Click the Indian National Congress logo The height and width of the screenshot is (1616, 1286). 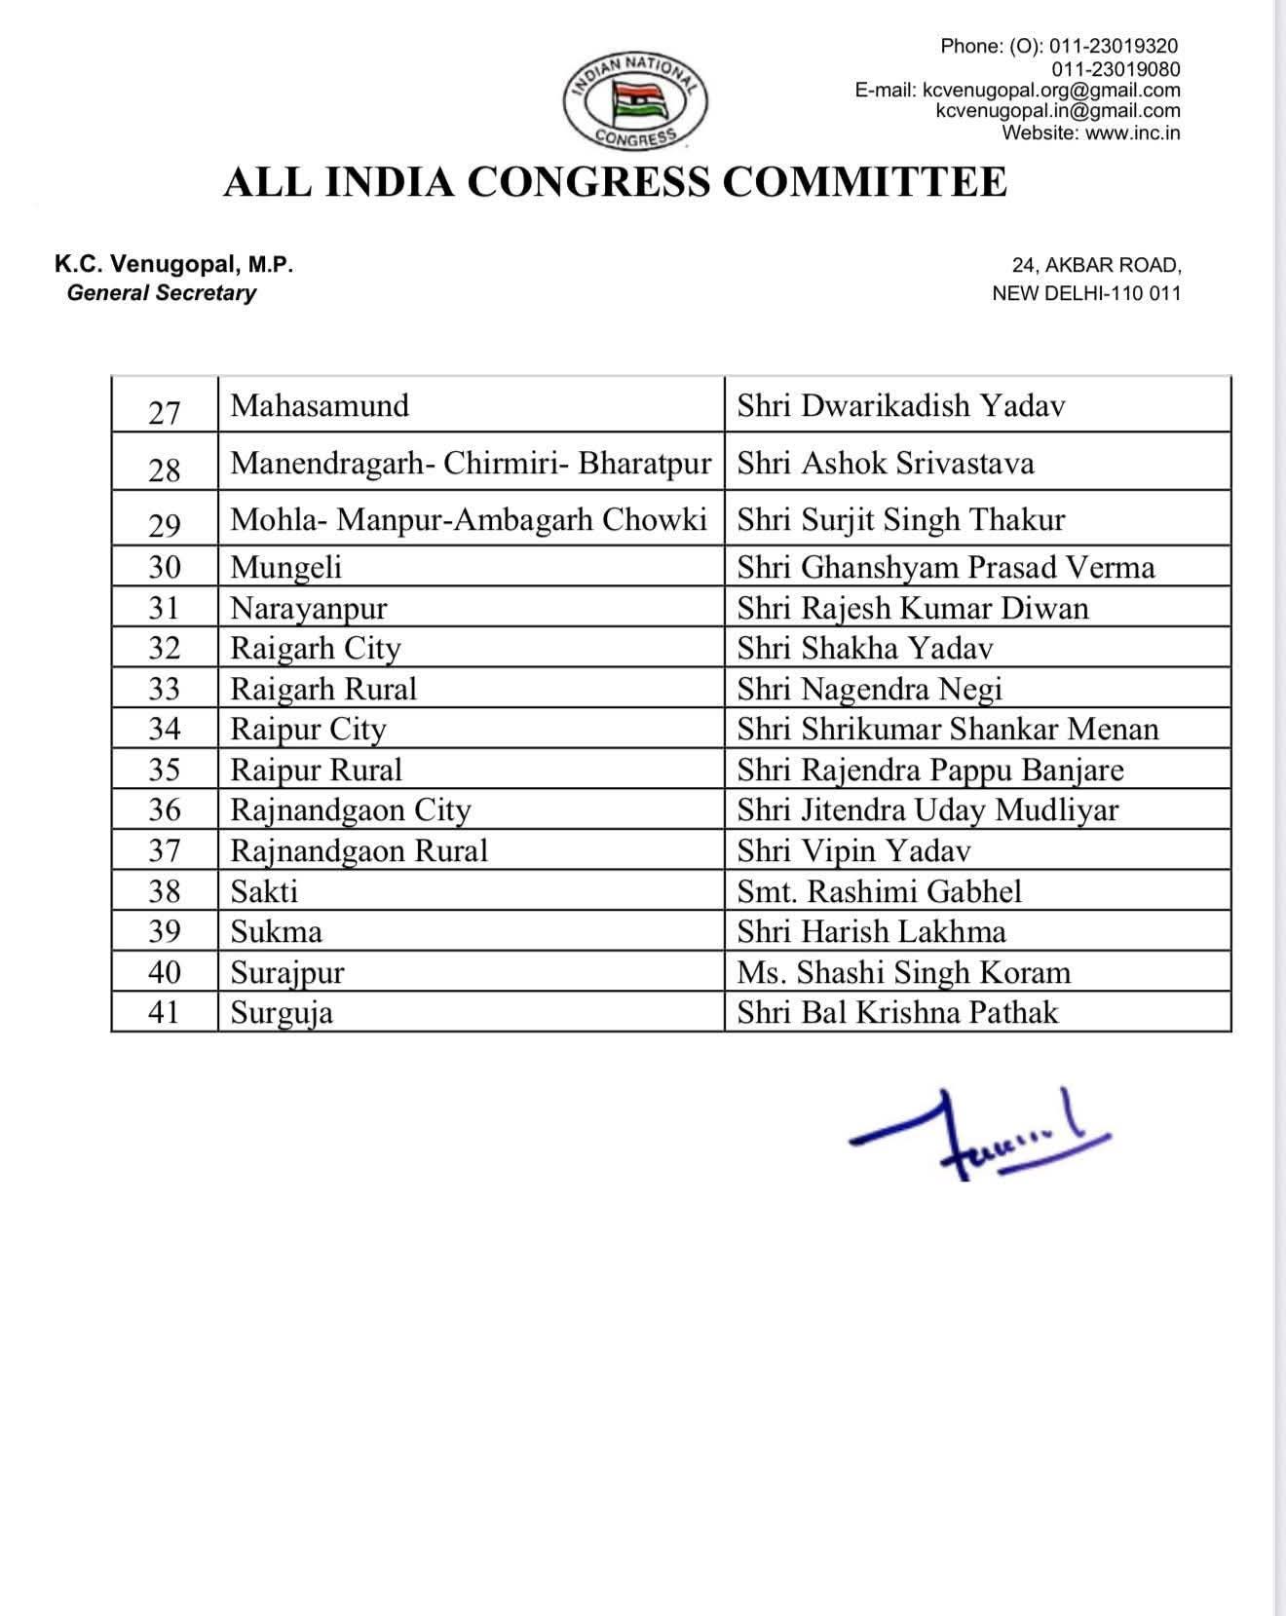coord(635,101)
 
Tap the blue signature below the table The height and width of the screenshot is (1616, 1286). coord(978,1136)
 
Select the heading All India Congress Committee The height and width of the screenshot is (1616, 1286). coord(615,183)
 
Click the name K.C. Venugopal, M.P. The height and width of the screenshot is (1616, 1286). coord(174,264)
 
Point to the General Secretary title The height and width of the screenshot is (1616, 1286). coord(161,293)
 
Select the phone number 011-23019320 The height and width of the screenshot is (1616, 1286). coord(1113,46)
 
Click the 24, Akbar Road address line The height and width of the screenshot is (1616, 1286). coord(1097,265)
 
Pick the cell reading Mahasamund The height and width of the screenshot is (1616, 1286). coord(320,405)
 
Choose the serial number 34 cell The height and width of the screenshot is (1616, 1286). coord(164,730)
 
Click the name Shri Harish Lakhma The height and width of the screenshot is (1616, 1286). coord(871,932)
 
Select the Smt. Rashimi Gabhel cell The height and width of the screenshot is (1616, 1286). coord(879,891)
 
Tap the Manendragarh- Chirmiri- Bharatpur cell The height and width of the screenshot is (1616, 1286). coord(471,463)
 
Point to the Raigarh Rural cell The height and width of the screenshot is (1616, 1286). coord(323,689)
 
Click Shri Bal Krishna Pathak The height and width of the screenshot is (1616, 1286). coord(896,1013)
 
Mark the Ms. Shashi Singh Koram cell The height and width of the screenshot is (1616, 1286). coord(903,972)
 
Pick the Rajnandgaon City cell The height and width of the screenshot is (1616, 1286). coord(351,810)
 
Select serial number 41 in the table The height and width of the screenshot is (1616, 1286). coord(164,1013)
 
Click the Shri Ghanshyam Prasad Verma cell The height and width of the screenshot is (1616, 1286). coord(945,567)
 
